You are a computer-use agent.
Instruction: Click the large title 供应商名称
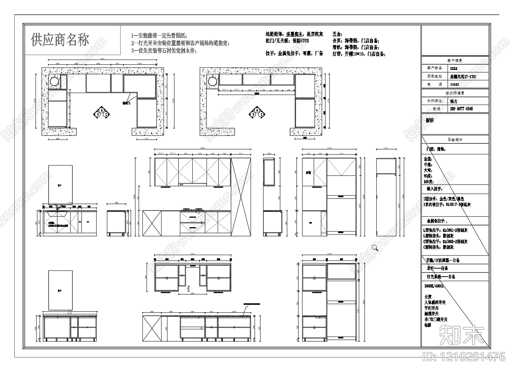tap(60, 40)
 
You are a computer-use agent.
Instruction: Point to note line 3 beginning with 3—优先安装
tap(163, 51)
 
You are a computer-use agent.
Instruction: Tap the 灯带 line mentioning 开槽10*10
tap(359, 54)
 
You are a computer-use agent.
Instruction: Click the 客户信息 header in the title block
tap(455, 60)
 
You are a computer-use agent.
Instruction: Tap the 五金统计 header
tap(455, 139)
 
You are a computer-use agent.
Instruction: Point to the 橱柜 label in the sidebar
tap(429, 120)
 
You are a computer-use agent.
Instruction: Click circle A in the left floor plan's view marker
tap(102, 110)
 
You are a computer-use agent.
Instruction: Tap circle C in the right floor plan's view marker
tap(262, 115)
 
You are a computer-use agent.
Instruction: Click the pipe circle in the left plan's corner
tap(54, 82)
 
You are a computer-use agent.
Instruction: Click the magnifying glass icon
tap(375, 248)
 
